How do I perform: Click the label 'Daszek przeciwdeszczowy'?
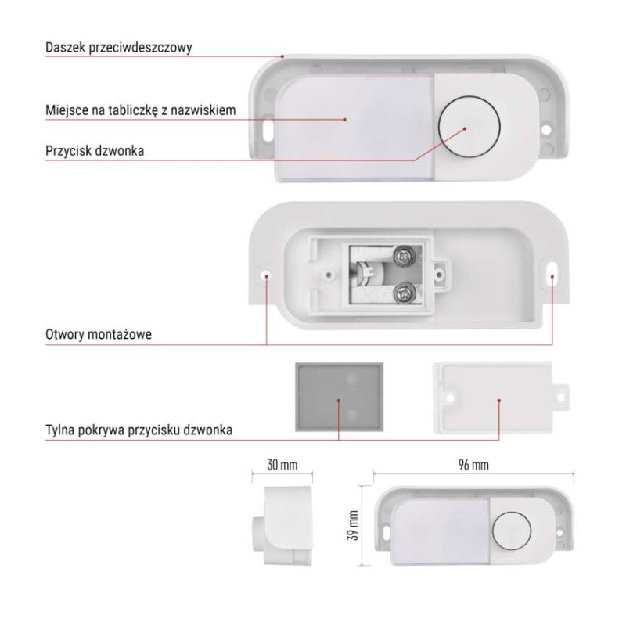(119, 48)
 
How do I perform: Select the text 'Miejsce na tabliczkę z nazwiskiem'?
(141, 110)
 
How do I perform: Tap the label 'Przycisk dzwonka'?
(95, 151)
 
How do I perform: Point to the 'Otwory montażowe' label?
(99, 334)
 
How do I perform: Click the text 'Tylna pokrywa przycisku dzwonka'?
(139, 430)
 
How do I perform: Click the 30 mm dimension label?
(282, 465)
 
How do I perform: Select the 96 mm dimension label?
(473, 465)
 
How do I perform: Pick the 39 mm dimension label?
(353, 525)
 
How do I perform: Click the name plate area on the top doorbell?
(355, 127)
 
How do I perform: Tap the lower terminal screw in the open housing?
(403, 294)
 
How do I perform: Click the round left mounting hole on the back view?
(266, 275)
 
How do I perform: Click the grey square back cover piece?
(340, 398)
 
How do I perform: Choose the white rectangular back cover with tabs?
(501, 398)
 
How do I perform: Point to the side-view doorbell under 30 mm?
(282, 525)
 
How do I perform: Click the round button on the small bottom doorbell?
(512, 531)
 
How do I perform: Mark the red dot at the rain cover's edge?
(282, 56)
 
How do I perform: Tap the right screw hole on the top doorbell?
(545, 130)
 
